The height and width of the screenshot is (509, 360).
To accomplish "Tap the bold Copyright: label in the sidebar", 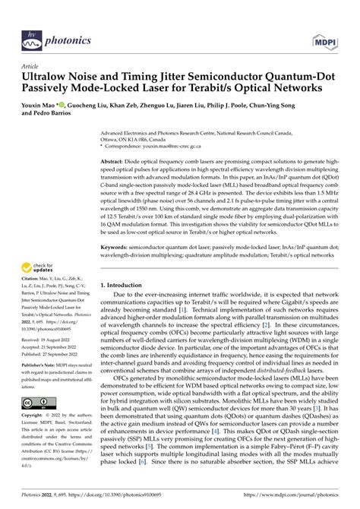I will pos(34,416).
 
